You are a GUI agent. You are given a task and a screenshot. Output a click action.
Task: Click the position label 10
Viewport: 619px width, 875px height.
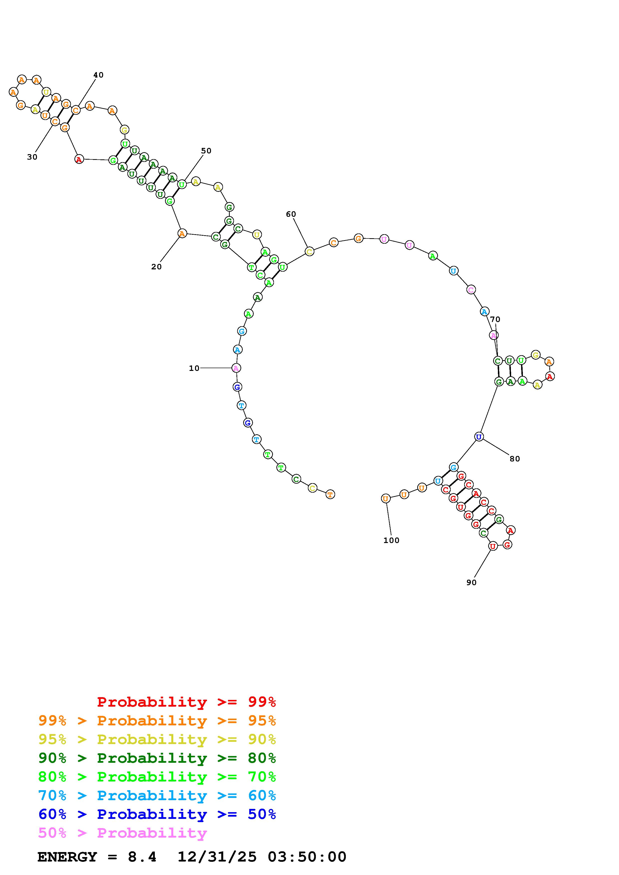194,368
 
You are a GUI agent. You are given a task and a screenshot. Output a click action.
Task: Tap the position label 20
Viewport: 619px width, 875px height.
156,267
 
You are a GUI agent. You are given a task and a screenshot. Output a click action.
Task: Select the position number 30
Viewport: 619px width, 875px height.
32,157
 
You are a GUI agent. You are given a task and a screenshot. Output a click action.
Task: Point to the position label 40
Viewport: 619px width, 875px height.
98,75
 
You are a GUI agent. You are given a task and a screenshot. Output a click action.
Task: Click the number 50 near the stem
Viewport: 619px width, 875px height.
206,151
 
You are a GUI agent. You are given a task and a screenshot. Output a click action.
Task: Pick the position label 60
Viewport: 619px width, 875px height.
291,214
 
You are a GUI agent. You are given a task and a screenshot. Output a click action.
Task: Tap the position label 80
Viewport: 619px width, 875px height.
515,459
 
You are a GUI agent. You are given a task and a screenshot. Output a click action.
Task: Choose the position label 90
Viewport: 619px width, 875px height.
471,582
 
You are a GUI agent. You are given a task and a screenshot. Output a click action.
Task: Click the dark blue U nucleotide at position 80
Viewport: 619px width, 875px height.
479,437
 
